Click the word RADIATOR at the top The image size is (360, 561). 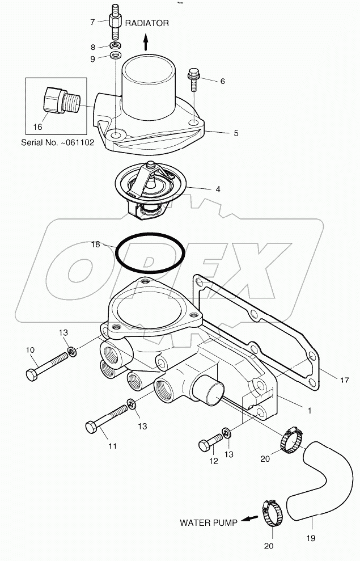click(x=147, y=23)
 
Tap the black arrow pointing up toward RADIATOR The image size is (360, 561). click(x=146, y=41)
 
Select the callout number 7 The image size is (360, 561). click(x=92, y=22)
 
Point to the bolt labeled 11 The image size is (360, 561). click(x=108, y=419)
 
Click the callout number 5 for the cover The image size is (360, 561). click(x=235, y=133)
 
